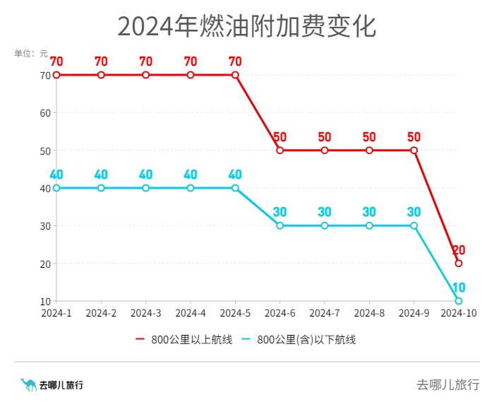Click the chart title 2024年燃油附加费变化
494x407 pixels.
coord(246,26)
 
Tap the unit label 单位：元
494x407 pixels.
coord(31,53)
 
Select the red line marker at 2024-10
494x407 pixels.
coord(459,264)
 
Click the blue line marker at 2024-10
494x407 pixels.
coord(459,301)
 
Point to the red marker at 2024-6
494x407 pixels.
coord(280,151)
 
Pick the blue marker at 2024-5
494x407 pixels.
coord(235,188)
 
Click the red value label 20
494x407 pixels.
coord(459,250)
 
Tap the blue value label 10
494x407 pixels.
coord(459,288)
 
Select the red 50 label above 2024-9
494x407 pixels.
coord(414,137)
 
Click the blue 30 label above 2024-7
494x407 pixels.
coord(325,212)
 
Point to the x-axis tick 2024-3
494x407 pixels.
coord(146,313)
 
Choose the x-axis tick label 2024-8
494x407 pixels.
coord(369,313)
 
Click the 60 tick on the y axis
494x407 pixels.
coord(45,113)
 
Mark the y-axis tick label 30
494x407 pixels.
coord(45,226)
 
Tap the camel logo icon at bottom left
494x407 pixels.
coord(28,385)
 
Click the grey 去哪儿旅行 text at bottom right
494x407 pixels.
coord(447,385)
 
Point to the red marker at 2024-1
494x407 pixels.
coord(56,75)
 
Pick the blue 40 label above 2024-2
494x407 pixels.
coord(101,175)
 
